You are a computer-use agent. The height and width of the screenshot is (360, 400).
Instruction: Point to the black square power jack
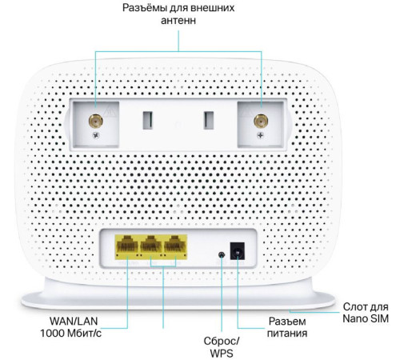tap(237, 251)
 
